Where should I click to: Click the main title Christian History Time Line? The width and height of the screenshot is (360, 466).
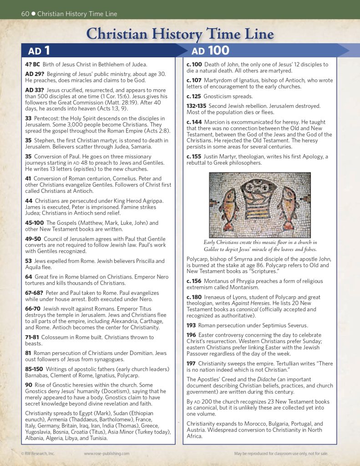click(180, 34)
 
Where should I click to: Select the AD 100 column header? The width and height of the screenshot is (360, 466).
click(210, 51)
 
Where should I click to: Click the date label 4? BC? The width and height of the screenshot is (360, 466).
click(33, 65)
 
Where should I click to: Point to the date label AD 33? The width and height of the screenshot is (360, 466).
click(34, 90)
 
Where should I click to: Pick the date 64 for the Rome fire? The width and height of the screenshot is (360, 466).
click(28, 277)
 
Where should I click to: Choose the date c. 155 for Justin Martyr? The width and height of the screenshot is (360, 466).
click(194, 157)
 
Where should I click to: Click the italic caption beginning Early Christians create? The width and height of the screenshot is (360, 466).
click(260, 246)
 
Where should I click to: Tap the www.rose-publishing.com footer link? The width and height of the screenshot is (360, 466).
click(106, 454)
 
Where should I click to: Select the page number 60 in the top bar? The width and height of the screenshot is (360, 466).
click(25, 14)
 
